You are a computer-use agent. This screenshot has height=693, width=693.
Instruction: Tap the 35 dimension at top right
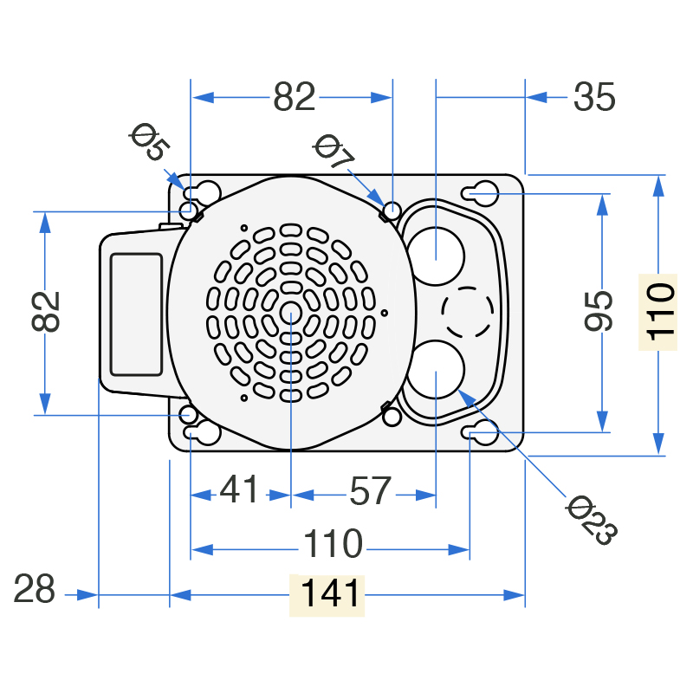(x=594, y=97)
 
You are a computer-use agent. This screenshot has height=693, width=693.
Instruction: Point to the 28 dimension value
(x=34, y=589)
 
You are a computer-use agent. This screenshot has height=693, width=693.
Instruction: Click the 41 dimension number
(x=239, y=489)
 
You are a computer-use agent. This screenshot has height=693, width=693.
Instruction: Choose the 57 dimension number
(x=371, y=490)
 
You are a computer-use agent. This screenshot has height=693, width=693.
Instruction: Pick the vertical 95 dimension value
(x=599, y=311)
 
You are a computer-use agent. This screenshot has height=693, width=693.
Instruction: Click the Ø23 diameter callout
(x=592, y=520)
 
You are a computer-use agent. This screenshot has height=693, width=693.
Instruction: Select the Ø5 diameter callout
(x=149, y=141)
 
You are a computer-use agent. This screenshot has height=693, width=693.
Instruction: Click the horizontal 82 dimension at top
(x=294, y=96)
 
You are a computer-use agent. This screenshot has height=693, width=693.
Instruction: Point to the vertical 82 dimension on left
(x=46, y=311)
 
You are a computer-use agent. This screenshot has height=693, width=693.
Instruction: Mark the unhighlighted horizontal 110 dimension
(x=334, y=543)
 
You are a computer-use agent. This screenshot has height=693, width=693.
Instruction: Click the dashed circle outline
(x=468, y=287)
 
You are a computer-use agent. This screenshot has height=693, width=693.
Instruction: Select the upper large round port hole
(x=435, y=256)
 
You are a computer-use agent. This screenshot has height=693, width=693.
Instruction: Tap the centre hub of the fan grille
(x=291, y=313)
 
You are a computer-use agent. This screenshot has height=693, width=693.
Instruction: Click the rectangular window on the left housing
(x=137, y=314)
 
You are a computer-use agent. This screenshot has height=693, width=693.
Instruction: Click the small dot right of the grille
(x=384, y=313)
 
